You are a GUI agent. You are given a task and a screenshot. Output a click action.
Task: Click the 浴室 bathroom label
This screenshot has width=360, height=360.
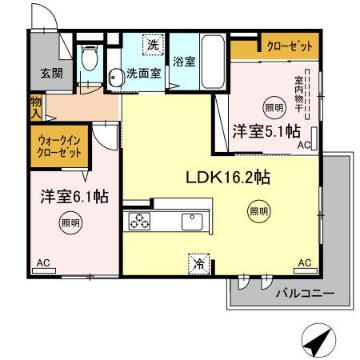183,61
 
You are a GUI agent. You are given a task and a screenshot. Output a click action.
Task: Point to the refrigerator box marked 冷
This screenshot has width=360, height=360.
198,261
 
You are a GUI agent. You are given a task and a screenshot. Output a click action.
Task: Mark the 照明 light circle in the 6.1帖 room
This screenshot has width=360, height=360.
70,223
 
